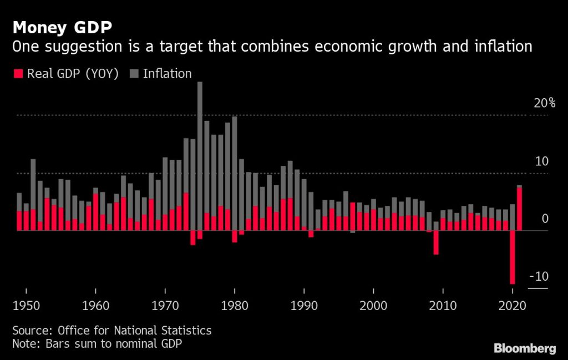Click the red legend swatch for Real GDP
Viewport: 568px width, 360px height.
(x=18, y=74)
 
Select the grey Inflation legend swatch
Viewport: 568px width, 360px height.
(x=134, y=74)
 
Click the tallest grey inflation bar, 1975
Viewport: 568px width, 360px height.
(x=200, y=155)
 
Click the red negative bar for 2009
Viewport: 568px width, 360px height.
(x=436, y=242)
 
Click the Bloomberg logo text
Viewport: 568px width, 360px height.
(x=524, y=348)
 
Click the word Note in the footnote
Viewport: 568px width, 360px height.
(x=24, y=344)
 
